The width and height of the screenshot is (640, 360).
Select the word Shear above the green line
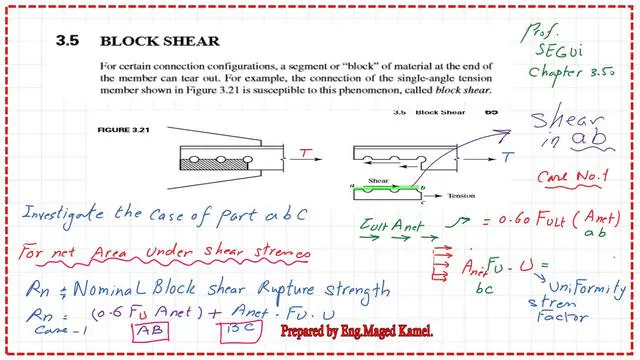click(381, 180)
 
